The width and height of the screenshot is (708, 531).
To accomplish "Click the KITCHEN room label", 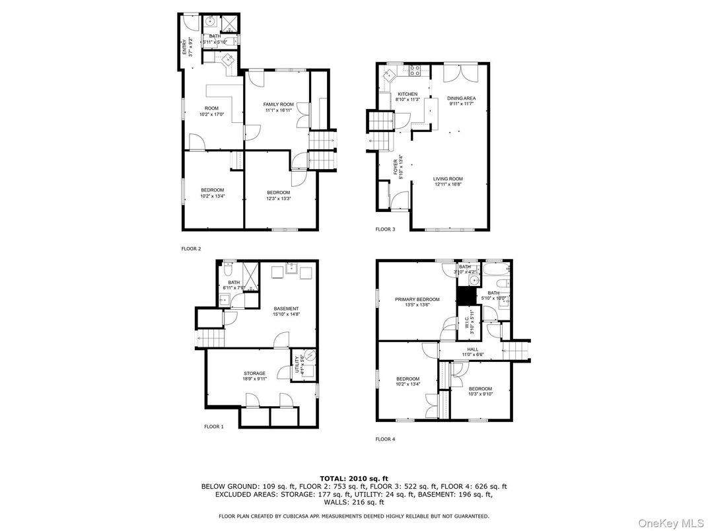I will (407, 94).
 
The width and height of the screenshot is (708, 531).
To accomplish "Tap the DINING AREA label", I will (462, 98).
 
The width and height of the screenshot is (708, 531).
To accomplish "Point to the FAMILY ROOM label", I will (278, 104).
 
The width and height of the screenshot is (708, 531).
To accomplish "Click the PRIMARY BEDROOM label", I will (417, 299).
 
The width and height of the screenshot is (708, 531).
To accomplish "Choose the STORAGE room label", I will (254, 373).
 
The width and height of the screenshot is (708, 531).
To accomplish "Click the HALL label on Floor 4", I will (473, 349).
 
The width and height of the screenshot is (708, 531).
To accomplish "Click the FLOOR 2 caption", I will (191, 249).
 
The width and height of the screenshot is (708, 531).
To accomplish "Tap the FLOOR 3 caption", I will (385, 229).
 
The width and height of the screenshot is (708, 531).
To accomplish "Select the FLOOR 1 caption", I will (213, 427).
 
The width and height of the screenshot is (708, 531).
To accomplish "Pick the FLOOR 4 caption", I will (385, 439).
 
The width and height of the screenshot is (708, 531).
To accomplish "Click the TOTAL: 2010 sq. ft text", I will (354, 478).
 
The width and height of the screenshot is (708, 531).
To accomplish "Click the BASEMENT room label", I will (286, 308).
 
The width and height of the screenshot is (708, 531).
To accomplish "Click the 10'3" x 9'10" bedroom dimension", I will (479, 394).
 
